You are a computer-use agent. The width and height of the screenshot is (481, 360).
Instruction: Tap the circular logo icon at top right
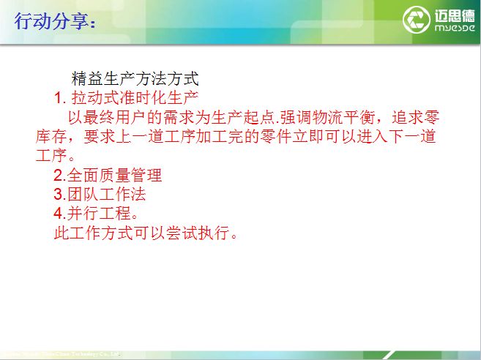coord(417,21)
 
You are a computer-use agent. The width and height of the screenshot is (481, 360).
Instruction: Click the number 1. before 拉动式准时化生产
coord(61,97)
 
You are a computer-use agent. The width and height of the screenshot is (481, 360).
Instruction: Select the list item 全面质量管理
coord(114,176)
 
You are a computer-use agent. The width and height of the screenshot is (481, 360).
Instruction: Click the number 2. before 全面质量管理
coord(59,176)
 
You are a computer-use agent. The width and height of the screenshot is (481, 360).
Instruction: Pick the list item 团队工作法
coord(106,195)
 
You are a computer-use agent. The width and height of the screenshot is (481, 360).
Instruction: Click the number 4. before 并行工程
coord(59,215)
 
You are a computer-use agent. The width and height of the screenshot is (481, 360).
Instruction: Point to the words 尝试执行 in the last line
coord(198,235)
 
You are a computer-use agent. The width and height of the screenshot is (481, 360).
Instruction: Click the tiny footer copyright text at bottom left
coord(59,353)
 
